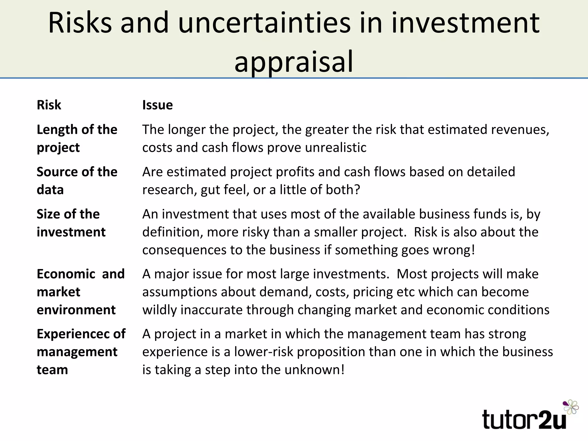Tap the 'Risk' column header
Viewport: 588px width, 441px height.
(x=49, y=105)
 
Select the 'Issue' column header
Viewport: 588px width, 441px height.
(x=157, y=105)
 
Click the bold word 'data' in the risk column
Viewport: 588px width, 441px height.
(x=50, y=190)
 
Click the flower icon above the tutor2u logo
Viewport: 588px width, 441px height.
(x=571, y=407)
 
